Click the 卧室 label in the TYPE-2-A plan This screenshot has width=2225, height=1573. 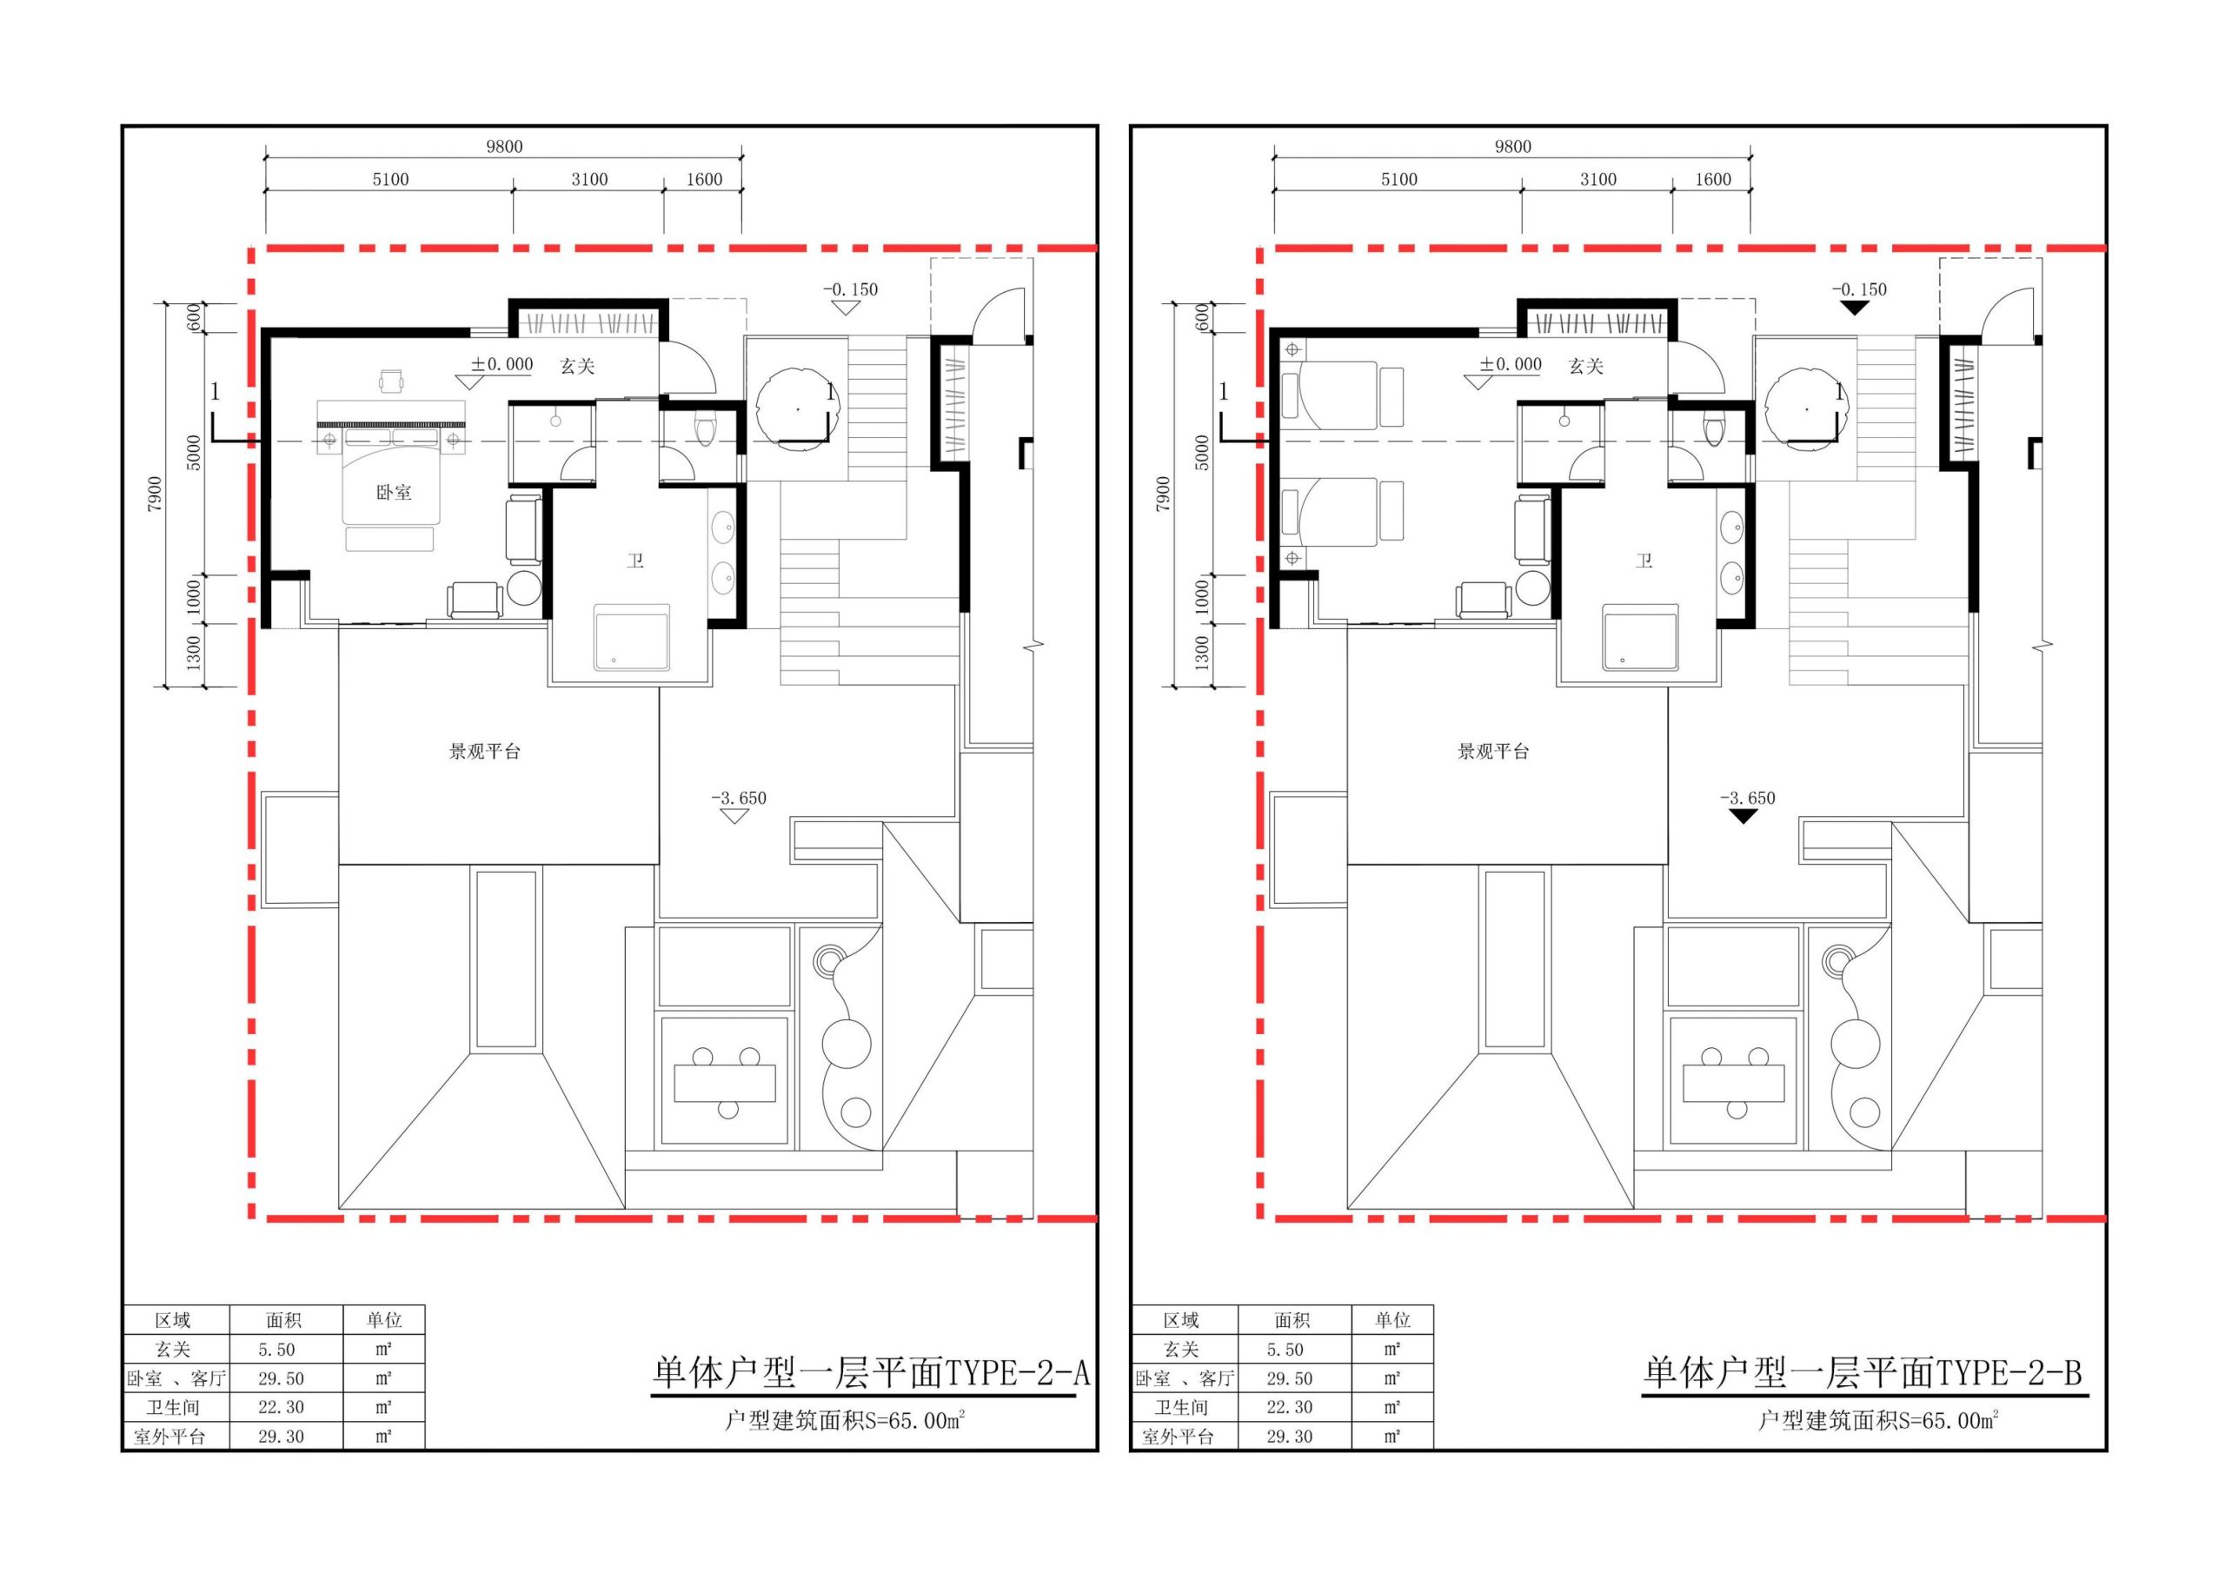[x=394, y=493]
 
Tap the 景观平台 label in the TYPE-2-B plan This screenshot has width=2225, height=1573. [x=1493, y=751]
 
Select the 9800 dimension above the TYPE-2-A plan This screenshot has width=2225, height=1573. [x=504, y=146]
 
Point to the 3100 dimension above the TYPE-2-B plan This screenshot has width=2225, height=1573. [x=1598, y=179]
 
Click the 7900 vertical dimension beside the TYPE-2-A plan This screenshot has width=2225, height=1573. [x=156, y=494]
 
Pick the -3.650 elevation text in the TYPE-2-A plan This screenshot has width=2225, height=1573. [x=739, y=799]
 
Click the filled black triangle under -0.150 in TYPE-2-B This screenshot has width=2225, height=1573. [x=1855, y=309]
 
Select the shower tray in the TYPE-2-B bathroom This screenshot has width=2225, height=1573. [x=1641, y=638]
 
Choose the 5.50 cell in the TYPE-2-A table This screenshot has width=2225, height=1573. [x=277, y=1349]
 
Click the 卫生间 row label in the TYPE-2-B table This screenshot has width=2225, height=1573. [x=1180, y=1407]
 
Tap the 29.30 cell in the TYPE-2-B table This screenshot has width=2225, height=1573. [x=1290, y=1437]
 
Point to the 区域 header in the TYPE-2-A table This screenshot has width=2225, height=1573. [x=174, y=1320]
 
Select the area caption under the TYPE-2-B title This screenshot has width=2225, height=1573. [x=1879, y=1421]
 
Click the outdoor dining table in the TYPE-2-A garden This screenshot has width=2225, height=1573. [x=725, y=1083]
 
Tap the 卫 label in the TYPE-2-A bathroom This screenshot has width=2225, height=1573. [x=634, y=561]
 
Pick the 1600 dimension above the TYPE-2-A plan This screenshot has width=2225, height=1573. [x=705, y=179]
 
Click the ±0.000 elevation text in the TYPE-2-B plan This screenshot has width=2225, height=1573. [x=1511, y=364]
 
